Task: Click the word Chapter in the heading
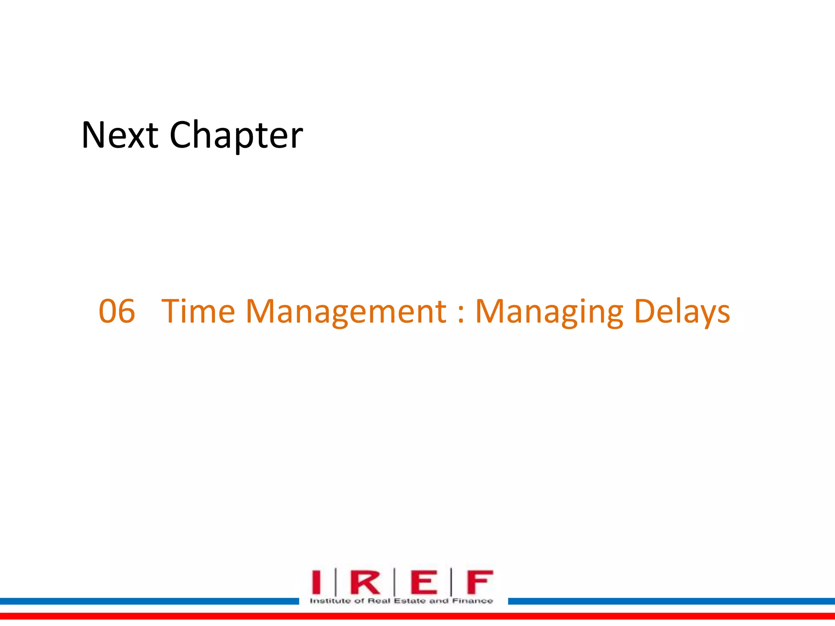point(236,136)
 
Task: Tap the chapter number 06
point(117,311)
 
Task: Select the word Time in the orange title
point(198,311)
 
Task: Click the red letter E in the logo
point(424,582)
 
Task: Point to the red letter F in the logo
point(479,582)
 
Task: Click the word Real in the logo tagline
point(379,601)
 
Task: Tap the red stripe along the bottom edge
point(417,616)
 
